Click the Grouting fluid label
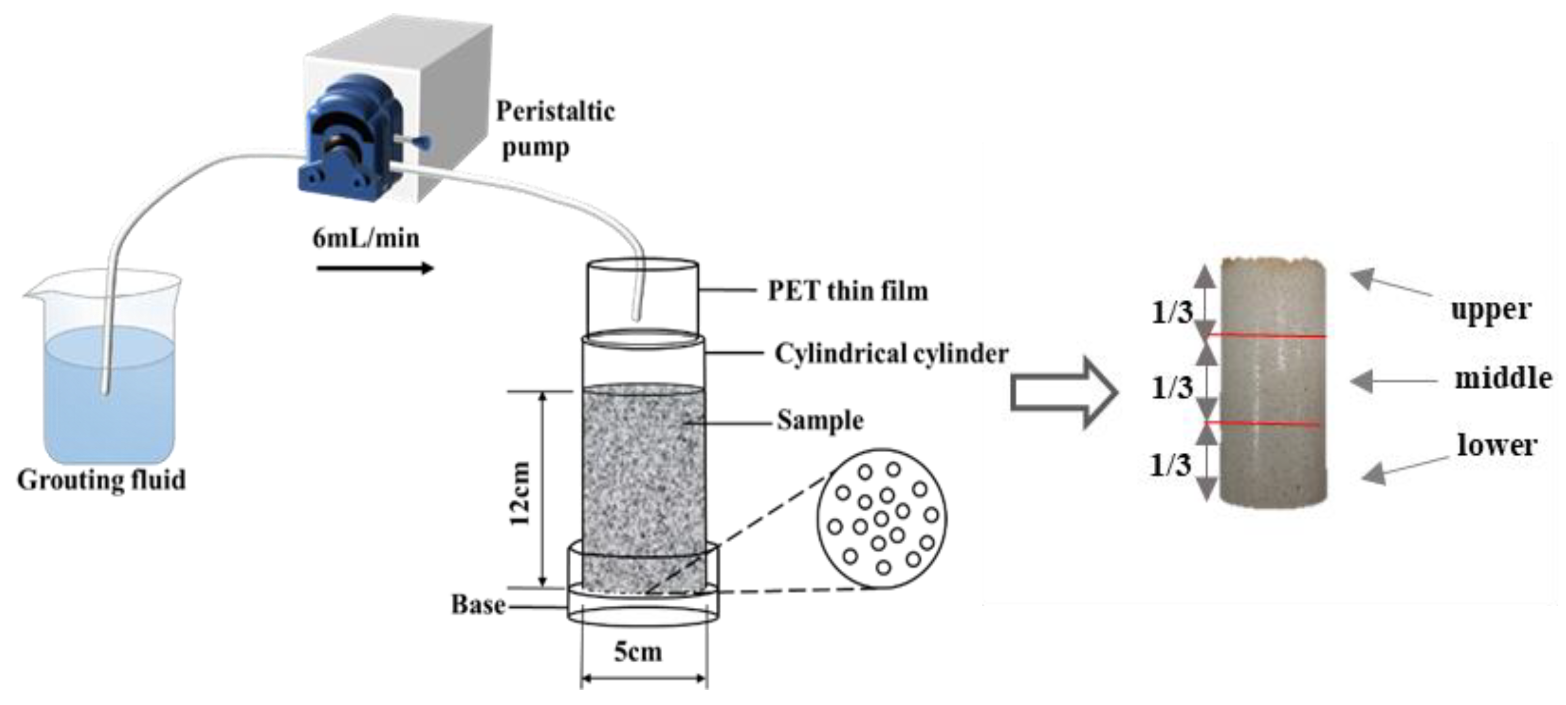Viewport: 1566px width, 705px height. (x=101, y=480)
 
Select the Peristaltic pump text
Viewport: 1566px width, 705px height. (x=554, y=129)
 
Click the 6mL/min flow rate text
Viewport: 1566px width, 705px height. (x=366, y=238)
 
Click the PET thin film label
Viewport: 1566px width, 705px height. (x=847, y=290)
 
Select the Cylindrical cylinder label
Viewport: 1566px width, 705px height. (x=891, y=353)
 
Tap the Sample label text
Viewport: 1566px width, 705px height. (x=820, y=421)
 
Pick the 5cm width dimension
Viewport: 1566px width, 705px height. (x=638, y=652)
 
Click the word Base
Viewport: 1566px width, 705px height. (x=478, y=605)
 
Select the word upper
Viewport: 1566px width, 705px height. (x=1490, y=310)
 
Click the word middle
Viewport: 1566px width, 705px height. (x=1502, y=379)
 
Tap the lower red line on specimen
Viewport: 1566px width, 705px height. (x=1265, y=423)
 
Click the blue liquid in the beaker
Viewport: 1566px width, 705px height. (x=109, y=395)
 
